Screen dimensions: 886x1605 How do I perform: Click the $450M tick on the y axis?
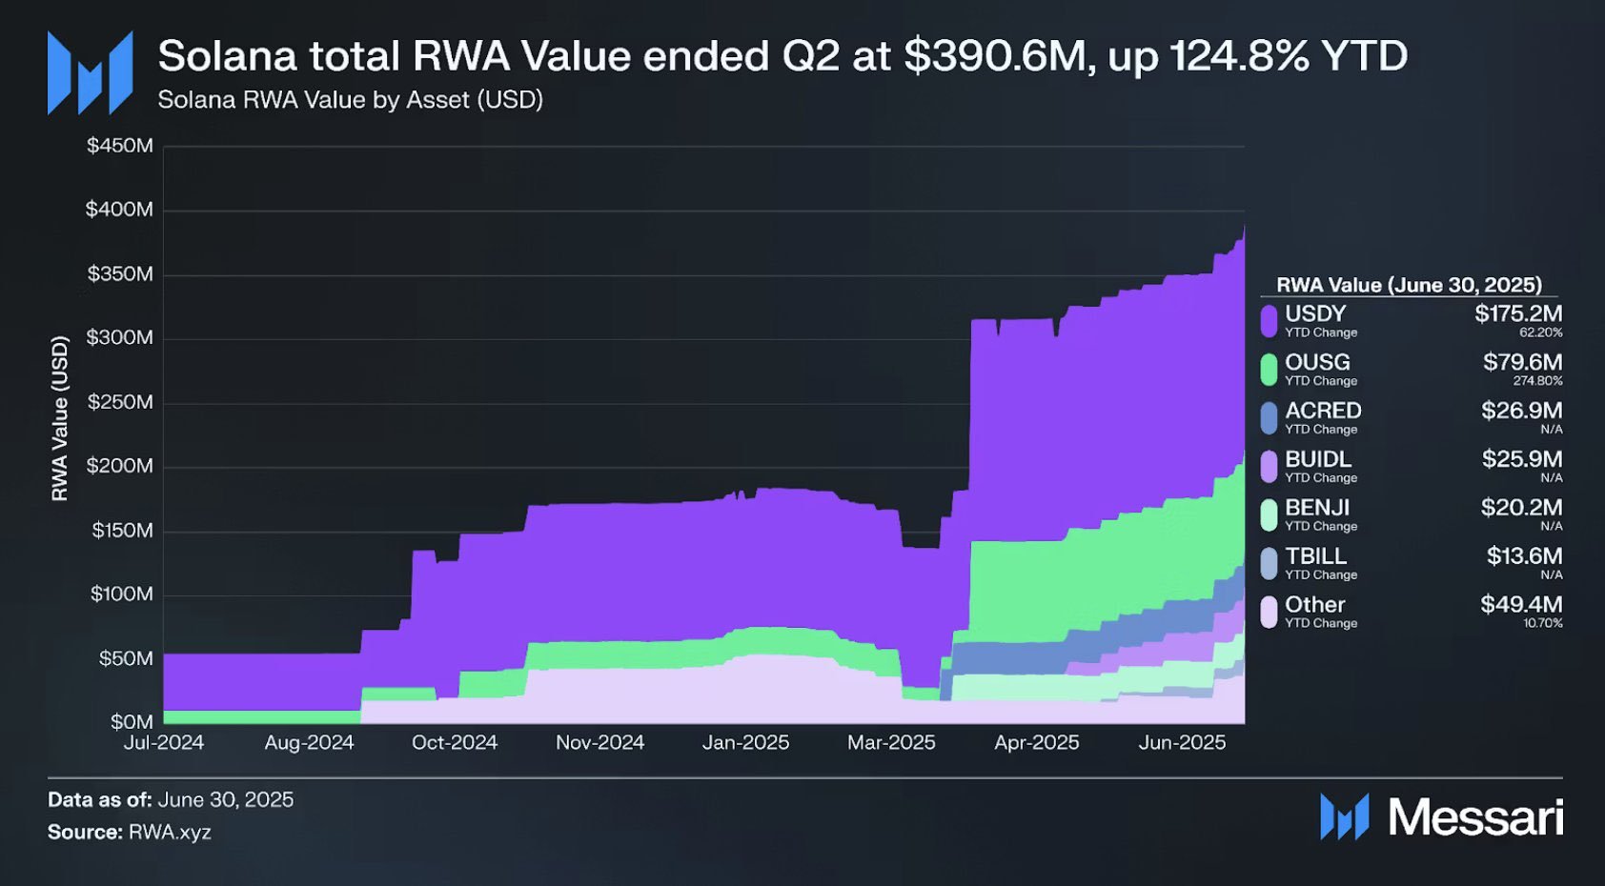point(119,146)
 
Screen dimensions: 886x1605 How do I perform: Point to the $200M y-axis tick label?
point(119,466)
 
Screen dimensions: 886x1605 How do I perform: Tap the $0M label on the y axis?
point(131,721)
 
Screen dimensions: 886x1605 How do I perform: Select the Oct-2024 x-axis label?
point(455,743)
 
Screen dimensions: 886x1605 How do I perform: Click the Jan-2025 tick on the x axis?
point(745,743)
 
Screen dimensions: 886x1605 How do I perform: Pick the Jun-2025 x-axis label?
point(1182,743)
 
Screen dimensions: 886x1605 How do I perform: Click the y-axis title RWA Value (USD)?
point(60,417)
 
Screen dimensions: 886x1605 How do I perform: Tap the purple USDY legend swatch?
point(1269,320)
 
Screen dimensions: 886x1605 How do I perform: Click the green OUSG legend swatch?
point(1269,369)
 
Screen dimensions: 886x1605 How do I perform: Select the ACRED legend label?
point(1323,411)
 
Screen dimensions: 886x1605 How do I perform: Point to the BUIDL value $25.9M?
point(1521,459)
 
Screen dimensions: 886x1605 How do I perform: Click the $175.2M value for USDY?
point(1518,313)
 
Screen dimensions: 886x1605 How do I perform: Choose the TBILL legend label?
point(1315,555)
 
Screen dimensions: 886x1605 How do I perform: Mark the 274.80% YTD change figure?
point(1537,381)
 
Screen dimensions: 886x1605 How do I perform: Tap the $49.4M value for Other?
point(1521,604)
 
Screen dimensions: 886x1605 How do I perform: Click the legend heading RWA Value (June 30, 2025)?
point(1409,285)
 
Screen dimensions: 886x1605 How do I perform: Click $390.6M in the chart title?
point(995,56)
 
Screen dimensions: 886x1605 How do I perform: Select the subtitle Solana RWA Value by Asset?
point(350,100)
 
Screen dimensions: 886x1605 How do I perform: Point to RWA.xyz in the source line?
point(170,832)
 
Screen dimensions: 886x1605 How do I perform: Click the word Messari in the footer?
point(1475,817)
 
